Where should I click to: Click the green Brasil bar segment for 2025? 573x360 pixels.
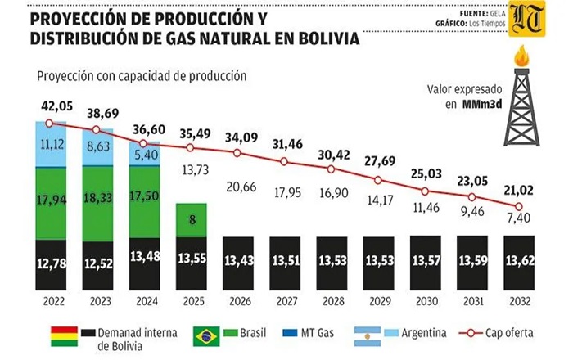(x=190, y=220)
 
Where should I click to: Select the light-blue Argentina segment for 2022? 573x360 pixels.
(x=50, y=144)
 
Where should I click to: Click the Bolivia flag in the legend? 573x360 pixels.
(x=64, y=335)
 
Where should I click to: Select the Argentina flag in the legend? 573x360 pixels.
(x=367, y=335)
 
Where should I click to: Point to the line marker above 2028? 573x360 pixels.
(x=330, y=170)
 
